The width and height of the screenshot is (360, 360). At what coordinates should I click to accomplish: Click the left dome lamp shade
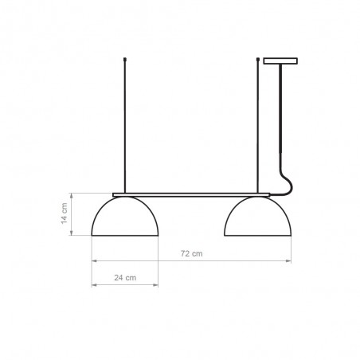click(x=127, y=217)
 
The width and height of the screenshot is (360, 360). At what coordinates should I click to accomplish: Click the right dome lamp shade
click(x=258, y=217)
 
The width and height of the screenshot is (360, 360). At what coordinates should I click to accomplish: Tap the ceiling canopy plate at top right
click(x=279, y=61)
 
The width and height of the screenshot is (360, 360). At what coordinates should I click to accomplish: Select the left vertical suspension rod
click(x=126, y=127)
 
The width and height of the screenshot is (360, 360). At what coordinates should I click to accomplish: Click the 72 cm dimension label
click(x=191, y=253)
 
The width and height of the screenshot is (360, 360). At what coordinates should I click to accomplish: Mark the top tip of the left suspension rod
click(x=126, y=59)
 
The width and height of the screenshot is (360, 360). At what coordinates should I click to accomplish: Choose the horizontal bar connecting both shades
click(x=191, y=194)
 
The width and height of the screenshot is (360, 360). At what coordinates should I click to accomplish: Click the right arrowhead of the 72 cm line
click(x=289, y=260)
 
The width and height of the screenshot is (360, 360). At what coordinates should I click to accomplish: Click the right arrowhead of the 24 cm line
click(x=158, y=284)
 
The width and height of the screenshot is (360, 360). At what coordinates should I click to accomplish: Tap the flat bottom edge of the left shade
click(x=127, y=236)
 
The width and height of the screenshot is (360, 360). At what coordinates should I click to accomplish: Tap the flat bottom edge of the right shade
click(x=258, y=236)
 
